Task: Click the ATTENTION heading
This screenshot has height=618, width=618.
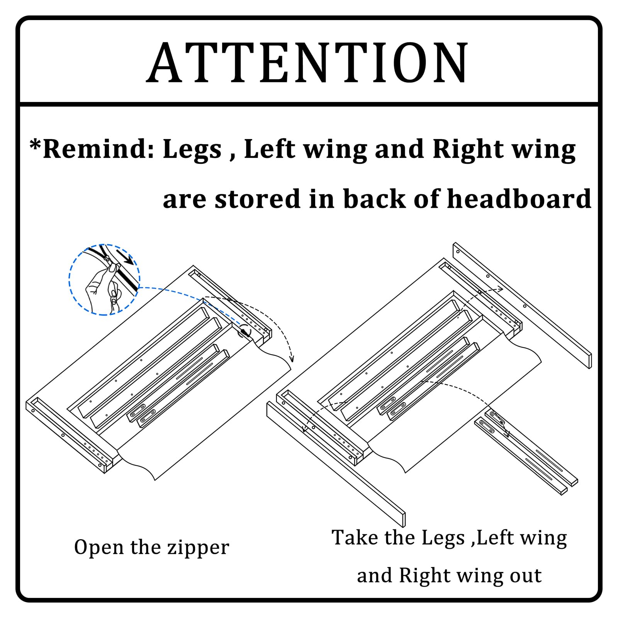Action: [308, 63]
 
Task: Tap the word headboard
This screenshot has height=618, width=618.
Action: [519, 199]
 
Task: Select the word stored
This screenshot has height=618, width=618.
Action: [257, 199]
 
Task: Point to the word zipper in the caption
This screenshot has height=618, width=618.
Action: [197, 548]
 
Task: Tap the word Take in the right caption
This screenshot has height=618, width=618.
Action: [355, 537]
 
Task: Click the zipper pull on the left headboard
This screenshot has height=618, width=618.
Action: [244, 331]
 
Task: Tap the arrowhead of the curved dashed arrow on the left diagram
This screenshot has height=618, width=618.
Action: [292, 359]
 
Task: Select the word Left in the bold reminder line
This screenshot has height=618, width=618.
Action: [270, 149]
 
